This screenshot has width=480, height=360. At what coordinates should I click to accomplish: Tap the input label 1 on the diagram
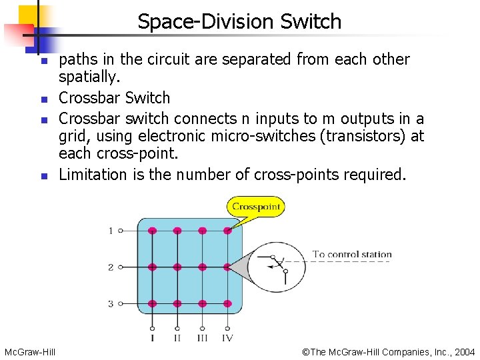click(x=111, y=231)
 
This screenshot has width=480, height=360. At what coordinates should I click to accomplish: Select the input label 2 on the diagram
click(x=111, y=267)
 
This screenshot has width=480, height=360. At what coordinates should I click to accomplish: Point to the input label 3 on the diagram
click(x=111, y=303)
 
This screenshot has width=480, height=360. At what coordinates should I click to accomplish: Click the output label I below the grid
click(x=152, y=338)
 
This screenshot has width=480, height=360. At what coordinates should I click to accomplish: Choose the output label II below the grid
click(x=177, y=338)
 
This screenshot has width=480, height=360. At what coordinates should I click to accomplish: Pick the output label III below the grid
click(x=202, y=338)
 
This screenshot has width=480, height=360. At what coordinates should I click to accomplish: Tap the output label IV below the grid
click(x=227, y=338)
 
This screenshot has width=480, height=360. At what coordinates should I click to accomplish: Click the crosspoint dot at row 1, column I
click(x=152, y=231)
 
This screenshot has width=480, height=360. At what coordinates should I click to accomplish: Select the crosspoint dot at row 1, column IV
click(x=227, y=231)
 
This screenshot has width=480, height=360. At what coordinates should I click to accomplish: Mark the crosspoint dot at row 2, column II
click(x=177, y=267)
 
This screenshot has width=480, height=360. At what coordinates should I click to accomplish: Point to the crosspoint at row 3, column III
click(x=202, y=303)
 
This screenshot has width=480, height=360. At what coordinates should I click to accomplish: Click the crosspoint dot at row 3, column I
click(x=152, y=303)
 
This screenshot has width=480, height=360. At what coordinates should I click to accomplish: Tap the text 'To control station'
click(x=352, y=254)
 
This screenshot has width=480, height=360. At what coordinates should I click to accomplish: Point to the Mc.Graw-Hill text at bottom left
click(x=30, y=351)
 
